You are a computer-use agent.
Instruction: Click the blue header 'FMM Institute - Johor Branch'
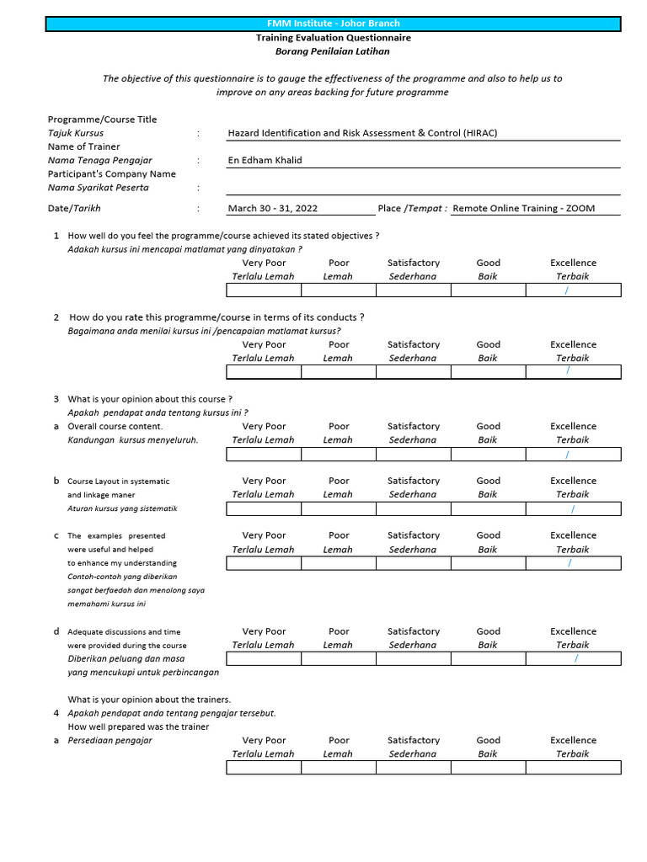(334, 24)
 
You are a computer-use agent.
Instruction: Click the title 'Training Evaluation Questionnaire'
(334, 38)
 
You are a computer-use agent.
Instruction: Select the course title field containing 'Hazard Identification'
(368, 133)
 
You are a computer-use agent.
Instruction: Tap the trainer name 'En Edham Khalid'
(265, 160)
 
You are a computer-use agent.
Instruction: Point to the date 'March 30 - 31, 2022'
(273, 209)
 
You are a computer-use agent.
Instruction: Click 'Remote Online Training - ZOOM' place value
(523, 209)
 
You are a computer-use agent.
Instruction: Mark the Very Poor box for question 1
(264, 290)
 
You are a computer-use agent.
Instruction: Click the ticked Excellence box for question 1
(573, 290)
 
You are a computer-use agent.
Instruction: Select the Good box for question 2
(488, 372)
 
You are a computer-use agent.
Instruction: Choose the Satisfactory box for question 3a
(413, 455)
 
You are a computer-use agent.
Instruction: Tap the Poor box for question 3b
(339, 508)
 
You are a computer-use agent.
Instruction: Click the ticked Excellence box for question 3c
(573, 563)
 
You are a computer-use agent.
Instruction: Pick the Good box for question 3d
(488, 659)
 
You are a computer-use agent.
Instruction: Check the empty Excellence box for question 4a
(573, 768)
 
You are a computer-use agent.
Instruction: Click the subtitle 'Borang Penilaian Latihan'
(334, 51)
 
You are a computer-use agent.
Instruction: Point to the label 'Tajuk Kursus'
(76, 133)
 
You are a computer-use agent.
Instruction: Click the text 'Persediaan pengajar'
(110, 741)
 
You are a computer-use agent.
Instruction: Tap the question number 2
(56, 317)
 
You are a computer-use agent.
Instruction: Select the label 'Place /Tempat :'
(413, 209)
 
